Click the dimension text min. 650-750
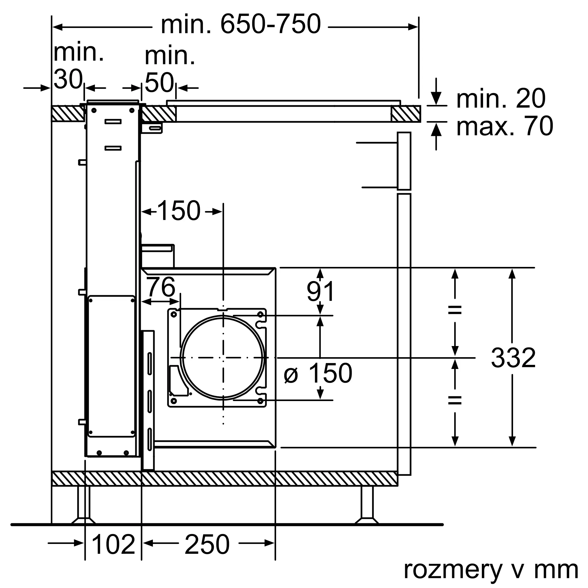(240, 24)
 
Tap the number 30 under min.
(68, 79)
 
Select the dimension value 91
(320, 291)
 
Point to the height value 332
(513, 358)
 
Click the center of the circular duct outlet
(223, 358)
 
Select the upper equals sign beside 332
(455, 310)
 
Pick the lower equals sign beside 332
(455, 400)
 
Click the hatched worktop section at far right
(406, 113)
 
